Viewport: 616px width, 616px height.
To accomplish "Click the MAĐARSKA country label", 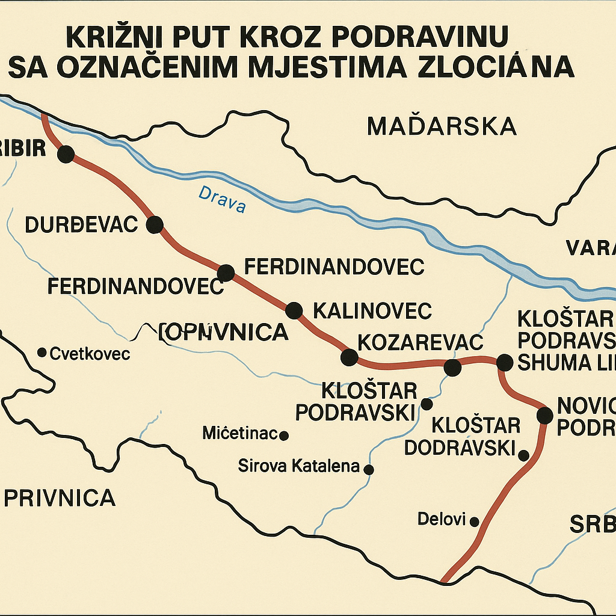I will point(442,126).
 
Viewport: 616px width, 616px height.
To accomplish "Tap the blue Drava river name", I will point(222,200).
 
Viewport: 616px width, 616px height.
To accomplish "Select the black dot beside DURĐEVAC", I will point(155,224).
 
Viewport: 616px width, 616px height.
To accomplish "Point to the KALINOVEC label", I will point(372,311).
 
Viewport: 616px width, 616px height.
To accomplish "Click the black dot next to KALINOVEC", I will point(294,310).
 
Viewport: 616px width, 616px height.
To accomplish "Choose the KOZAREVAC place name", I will point(420,342).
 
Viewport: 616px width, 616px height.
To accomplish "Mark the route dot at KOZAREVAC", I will point(349,357).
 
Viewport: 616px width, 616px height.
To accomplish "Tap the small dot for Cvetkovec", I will point(42,352).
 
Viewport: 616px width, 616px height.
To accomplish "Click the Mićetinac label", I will point(239,433).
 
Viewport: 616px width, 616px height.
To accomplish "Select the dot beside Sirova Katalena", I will point(369,469).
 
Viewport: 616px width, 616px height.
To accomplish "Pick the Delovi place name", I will point(442,519).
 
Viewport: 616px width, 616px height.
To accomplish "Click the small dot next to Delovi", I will point(474,521).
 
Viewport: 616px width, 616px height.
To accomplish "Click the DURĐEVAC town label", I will point(82,225).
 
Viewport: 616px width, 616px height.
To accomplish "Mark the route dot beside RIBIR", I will point(66,155).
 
